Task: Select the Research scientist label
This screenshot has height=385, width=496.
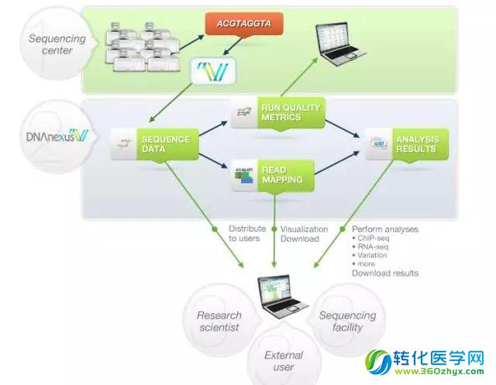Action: (x=219, y=321)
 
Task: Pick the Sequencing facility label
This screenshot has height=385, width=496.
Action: (x=347, y=321)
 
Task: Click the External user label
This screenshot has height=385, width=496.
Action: (x=283, y=361)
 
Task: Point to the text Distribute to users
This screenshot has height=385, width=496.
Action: (x=246, y=233)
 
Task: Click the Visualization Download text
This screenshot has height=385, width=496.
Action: (x=304, y=233)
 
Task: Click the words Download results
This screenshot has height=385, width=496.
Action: (x=384, y=273)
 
